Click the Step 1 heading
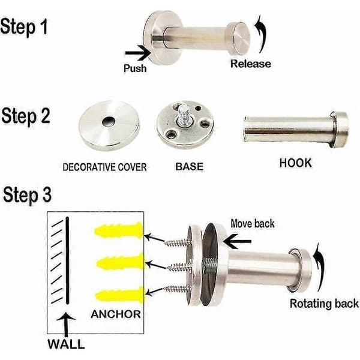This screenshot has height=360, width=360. [x=24, y=27]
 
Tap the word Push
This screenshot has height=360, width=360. [x=135, y=68]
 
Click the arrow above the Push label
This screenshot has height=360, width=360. [x=137, y=53]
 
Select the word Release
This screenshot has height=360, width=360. [x=250, y=64]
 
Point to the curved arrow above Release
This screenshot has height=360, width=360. [x=262, y=32]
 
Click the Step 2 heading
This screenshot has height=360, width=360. [x=26, y=116]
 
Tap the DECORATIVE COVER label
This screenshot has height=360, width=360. [x=104, y=167]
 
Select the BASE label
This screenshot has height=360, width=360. [x=190, y=166]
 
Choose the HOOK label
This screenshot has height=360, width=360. [x=296, y=163]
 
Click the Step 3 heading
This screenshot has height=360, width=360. [x=27, y=195]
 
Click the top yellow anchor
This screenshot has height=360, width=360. [x=119, y=230]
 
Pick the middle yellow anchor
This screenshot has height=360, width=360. [x=120, y=263]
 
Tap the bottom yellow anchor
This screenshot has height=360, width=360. [x=120, y=295]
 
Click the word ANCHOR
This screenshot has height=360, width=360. [x=116, y=314]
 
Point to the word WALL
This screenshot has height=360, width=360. [x=66, y=344]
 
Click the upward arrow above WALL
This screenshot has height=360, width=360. [x=66, y=324]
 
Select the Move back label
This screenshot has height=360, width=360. [x=253, y=224]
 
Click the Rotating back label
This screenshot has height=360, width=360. [x=324, y=303]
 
